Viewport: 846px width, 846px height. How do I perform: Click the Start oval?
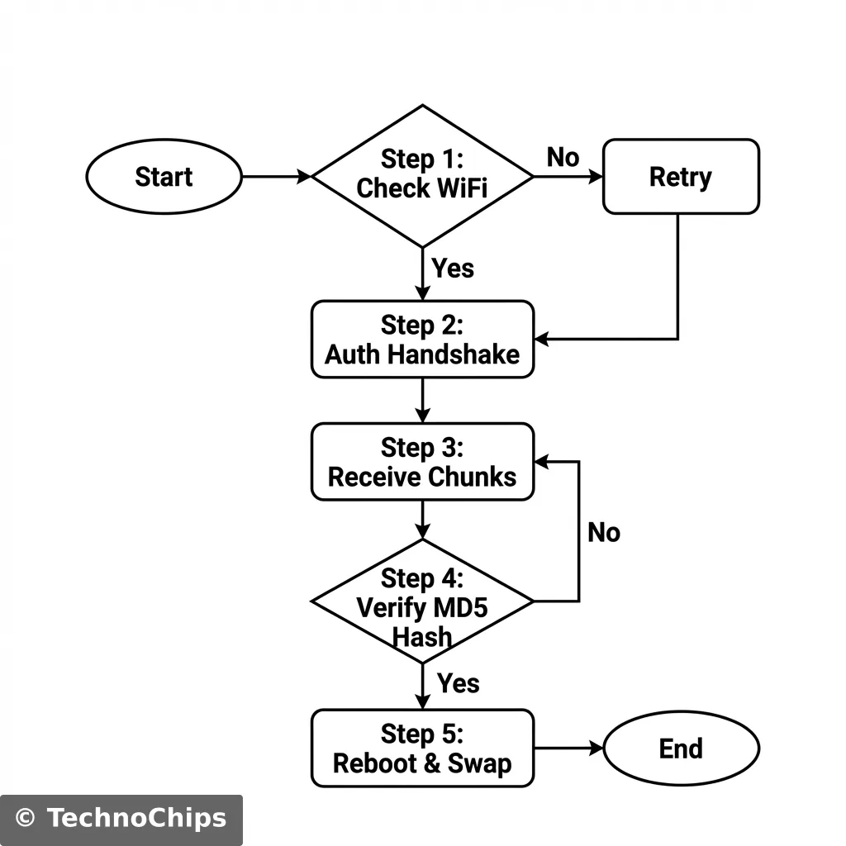point(164,177)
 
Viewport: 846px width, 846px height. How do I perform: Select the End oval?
point(681,749)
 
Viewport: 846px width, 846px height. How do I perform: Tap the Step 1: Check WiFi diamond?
point(422,175)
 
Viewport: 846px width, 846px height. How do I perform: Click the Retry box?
point(681,177)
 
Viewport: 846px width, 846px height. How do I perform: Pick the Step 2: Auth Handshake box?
point(422,340)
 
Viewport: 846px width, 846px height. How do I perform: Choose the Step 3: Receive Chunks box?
point(422,462)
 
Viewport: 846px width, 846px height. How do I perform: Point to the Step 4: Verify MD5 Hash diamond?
point(422,601)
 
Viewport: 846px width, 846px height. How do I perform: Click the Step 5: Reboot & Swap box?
point(422,749)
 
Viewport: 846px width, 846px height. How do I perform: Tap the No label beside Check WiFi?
point(563,157)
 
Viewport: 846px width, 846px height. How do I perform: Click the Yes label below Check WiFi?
point(453,269)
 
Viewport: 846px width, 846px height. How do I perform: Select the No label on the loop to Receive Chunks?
point(603,533)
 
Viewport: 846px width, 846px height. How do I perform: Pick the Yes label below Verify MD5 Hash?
point(458,683)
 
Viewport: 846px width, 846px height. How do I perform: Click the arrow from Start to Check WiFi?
point(276,176)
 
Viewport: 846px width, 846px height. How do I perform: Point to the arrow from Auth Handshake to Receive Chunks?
point(422,400)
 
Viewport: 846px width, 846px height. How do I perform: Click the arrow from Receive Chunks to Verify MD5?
point(422,520)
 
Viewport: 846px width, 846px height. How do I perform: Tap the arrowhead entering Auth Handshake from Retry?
point(542,339)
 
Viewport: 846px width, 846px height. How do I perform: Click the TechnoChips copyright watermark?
point(121,819)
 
